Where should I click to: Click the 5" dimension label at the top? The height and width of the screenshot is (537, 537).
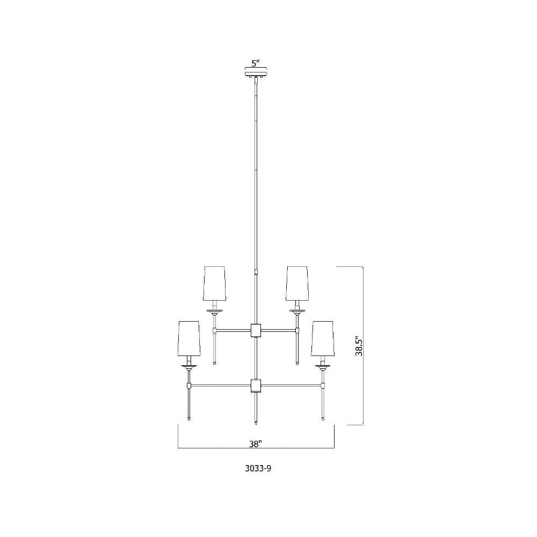click(256, 63)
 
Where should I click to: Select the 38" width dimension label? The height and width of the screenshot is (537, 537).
click(256, 444)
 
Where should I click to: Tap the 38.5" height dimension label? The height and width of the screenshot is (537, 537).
click(359, 345)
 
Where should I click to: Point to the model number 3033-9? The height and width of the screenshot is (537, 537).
click(258, 468)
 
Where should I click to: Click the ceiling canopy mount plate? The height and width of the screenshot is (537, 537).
click(256, 74)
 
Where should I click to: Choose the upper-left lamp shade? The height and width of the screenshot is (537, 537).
click(214, 284)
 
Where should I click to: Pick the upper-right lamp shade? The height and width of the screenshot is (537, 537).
click(297, 284)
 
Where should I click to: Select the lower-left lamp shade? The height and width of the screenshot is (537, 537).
click(189, 338)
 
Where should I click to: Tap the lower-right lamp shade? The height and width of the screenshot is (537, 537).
click(322, 338)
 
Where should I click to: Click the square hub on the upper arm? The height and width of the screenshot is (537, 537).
click(256, 330)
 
